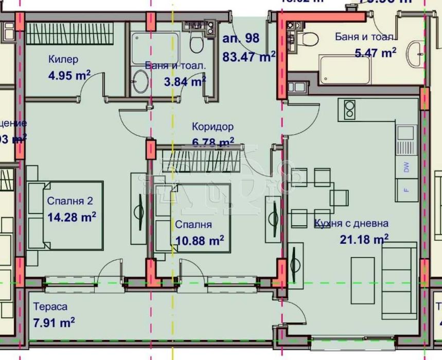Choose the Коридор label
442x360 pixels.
(x=213, y=126)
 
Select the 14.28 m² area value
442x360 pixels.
(x=72, y=217)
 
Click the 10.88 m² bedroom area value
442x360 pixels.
(x=199, y=240)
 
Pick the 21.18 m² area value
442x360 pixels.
(x=364, y=239)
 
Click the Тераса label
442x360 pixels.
(x=50, y=306)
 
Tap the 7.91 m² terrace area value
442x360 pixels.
(x=54, y=322)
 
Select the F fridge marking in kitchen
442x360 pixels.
(x=406, y=190)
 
